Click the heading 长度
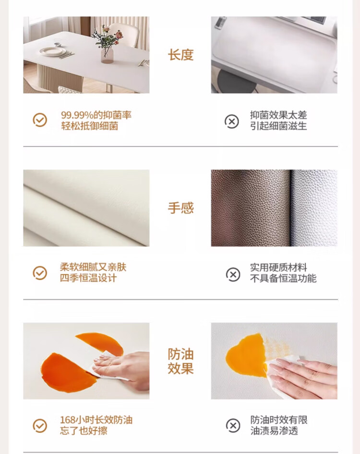[180, 55]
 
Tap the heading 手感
[180, 208]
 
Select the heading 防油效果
[180, 361]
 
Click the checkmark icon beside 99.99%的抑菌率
[40, 120]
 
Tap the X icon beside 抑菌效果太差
[232, 122]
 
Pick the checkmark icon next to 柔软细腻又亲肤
[40, 273]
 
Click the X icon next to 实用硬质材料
[233, 274]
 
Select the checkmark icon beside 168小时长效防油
[40, 426]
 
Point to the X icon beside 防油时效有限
[233, 426]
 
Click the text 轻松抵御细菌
[89, 126]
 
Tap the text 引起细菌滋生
[278, 126]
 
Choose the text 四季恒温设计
[88, 278]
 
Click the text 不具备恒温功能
[283, 278]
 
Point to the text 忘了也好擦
[84, 431]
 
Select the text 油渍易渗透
[274, 431]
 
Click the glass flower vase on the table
[107, 55]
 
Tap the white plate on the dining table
[53, 52]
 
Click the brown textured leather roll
[251, 208]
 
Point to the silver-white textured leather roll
[314, 208]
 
